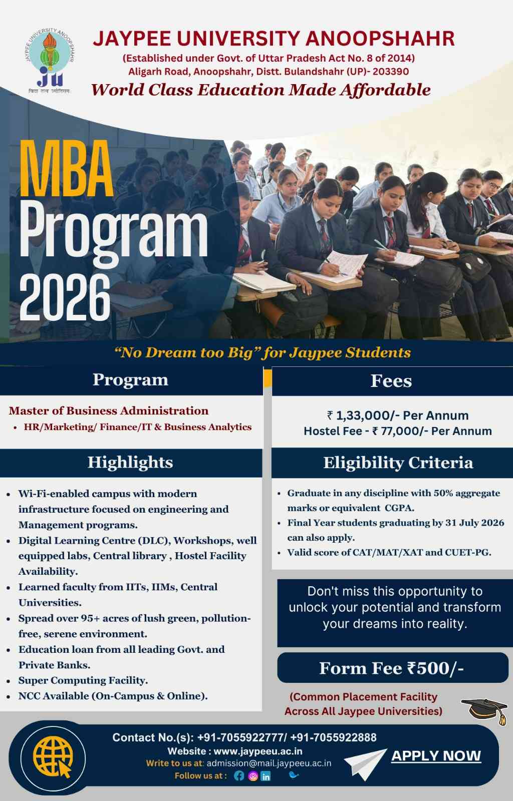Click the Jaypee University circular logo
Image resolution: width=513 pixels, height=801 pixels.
[x=50, y=60]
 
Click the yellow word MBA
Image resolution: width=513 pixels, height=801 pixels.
[x=67, y=169]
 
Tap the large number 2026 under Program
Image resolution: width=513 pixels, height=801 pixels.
[x=65, y=297]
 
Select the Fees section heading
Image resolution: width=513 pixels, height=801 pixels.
[x=391, y=381]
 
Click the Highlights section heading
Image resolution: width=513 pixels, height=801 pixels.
[x=130, y=463]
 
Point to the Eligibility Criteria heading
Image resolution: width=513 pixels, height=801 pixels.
[x=398, y=463]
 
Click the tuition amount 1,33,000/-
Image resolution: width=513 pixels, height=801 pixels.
[x=364, y=416]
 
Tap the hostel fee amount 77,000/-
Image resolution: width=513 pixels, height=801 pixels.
[x=399, y=431]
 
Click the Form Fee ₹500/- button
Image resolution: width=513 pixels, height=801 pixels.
[x=392, y=668]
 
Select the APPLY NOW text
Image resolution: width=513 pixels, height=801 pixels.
[x=436, y=755]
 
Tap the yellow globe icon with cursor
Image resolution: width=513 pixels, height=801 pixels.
[x=53, y=757]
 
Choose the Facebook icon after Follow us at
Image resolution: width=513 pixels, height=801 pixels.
[x=238, y=775]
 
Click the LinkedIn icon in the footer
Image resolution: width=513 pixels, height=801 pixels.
[x=266, y=776]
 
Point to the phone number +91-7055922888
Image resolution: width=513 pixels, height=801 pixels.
[x=334, y=737]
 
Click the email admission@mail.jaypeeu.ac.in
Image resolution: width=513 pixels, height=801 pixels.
[x=269, y=763]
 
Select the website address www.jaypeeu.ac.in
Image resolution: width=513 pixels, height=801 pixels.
[x=258, y=751]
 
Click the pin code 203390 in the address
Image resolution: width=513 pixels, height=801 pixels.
[x=391, y=72]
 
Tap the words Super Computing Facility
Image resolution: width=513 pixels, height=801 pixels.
[x=83, y=680]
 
